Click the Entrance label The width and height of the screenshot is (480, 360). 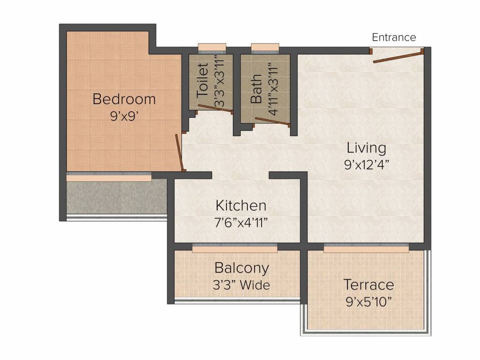coord(394,37)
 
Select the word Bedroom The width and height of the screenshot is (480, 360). coord(124,99)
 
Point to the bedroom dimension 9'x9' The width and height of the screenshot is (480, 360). coord(124,116)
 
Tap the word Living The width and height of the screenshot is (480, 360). coord(367,148)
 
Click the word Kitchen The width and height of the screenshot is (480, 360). coord(241,206)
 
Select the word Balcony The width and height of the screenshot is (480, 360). coord(241,268)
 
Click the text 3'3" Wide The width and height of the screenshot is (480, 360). coord(241,285)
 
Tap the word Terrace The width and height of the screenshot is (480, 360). coord(368,285)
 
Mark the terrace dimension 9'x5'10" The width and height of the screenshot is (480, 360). coord(368,301)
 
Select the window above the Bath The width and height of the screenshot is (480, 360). coord(265,47)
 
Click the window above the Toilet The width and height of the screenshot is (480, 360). coord(212,47)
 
